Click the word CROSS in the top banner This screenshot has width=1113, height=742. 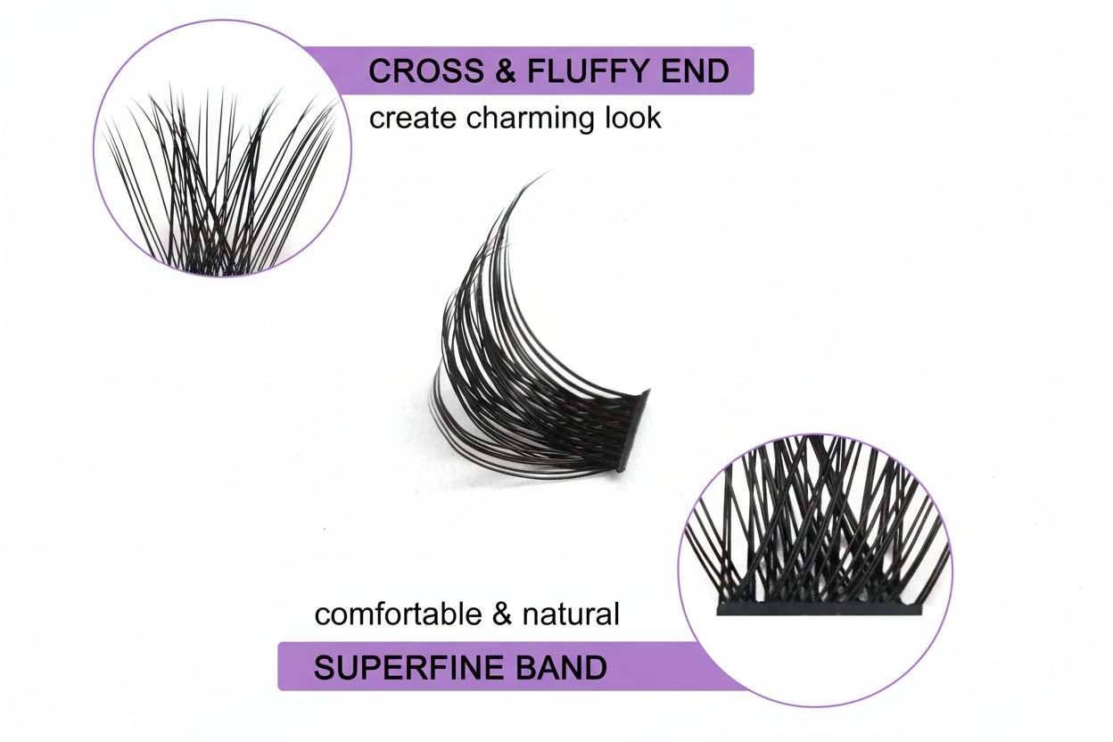tap(426, 70)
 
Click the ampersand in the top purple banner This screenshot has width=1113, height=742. tap(506, 70)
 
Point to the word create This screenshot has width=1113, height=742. tap(413, 119)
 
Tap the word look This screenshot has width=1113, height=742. tap(633, 118)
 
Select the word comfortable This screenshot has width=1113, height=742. tap(399, 614)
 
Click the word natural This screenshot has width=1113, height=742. tap(571, 614)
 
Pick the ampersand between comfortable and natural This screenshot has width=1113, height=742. tap(502, 614)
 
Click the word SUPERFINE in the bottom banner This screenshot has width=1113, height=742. tap(410, 667)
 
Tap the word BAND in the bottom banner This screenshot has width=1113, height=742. tap(562, 667)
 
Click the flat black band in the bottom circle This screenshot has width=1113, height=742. tap(819, 609)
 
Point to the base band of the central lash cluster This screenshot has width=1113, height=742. tap(634, 431)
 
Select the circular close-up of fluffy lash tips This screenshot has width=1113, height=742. tap(223, 148)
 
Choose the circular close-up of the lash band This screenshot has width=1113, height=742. tap(815, 570)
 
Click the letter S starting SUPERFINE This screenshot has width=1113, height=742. tap(325, 667)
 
